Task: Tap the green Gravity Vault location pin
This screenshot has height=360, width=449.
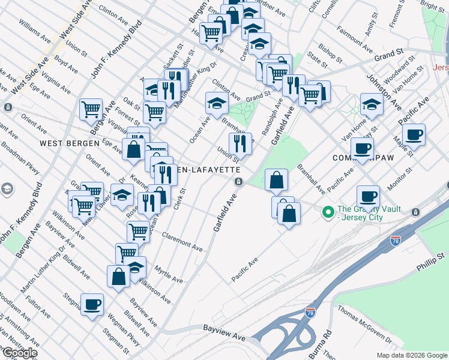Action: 328,212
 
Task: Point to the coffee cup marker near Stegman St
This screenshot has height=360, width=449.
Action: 92,304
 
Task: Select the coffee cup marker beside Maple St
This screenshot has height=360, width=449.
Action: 414,134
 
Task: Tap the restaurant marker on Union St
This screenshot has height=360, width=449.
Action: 240,143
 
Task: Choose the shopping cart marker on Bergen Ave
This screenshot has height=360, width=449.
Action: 91,109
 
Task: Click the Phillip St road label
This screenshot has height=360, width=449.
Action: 431,257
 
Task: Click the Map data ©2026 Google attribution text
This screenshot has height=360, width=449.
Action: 411,355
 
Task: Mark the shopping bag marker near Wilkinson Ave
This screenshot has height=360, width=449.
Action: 118,277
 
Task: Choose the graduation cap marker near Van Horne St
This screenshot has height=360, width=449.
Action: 372,105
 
